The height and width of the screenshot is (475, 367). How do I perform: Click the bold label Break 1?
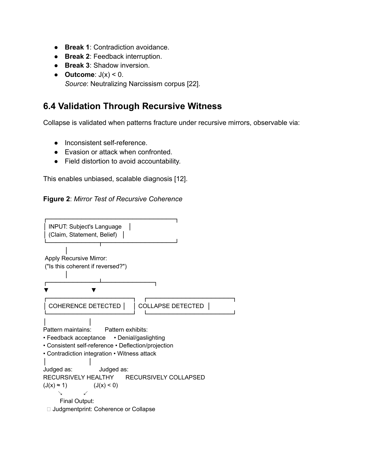pyautogui.click(x=77, y=47)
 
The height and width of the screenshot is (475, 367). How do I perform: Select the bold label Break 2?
pyautogui.click(x=77, y=56)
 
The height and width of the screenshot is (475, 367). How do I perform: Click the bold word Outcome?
pyautogui.click(x=79, y=75)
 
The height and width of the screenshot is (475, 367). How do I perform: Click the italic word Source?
pyautogui.click(x=75, y=84)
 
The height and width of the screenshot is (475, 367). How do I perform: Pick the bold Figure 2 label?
pyautogui.click(x=56, y=199)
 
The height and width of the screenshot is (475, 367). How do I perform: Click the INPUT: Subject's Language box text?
pyautogui.click(x=85, y=227)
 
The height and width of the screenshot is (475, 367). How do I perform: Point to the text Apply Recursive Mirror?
pyautogui.click(x=76, y=258)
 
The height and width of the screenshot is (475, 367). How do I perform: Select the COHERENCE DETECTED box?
pyautogui.click(x=85, y=306)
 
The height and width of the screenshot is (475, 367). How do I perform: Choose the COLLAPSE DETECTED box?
pyautogui.click(x=171, y=306)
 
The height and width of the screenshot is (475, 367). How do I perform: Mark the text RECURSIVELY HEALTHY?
pyautogui.click(x=78, y=377)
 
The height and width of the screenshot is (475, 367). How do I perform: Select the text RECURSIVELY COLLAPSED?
pyautogui.click(x=165, y=377)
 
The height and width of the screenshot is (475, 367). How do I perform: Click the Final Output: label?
pyautogui.click(x=77, y=401)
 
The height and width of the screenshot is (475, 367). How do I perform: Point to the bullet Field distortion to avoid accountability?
pyautogui.click(x=123, y=161)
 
